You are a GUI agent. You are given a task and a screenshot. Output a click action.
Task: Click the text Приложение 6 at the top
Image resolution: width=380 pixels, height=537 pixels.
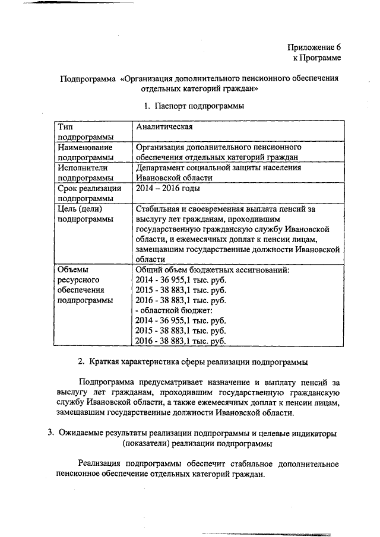[x=314, y=46]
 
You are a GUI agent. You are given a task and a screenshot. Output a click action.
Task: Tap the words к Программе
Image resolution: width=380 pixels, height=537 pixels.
[x=317, y=58]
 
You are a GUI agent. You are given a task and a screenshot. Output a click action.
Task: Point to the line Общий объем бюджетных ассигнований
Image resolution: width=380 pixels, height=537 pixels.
[x=212, y=270]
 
